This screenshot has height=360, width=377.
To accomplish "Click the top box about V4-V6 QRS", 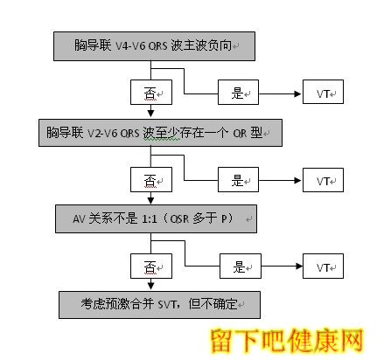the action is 154,46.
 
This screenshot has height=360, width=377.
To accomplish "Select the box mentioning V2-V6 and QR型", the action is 160,133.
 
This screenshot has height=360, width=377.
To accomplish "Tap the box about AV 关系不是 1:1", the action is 156,218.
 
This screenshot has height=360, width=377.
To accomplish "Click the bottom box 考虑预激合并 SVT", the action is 159,305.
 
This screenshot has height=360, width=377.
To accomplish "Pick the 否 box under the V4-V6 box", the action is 151,92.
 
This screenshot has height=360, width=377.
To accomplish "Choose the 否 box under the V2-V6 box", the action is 151,179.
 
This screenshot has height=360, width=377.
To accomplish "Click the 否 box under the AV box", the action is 151,266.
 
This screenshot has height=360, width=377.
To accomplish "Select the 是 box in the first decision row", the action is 238,92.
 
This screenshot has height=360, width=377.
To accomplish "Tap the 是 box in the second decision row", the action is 238,179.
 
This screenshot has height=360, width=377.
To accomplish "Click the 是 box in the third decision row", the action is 241,266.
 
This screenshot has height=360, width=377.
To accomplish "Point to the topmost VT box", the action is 323,92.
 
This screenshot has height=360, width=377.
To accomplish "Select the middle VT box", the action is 323,180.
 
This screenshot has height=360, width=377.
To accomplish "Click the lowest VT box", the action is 323,266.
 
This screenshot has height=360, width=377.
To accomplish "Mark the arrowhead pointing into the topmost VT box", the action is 297,93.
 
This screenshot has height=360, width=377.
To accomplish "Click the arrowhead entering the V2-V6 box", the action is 150,114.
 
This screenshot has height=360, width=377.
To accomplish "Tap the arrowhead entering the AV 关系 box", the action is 150,200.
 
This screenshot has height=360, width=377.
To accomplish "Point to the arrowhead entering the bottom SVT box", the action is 150,286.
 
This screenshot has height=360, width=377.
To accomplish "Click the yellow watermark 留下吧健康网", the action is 287,341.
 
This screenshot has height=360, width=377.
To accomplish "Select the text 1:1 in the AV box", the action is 149,218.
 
